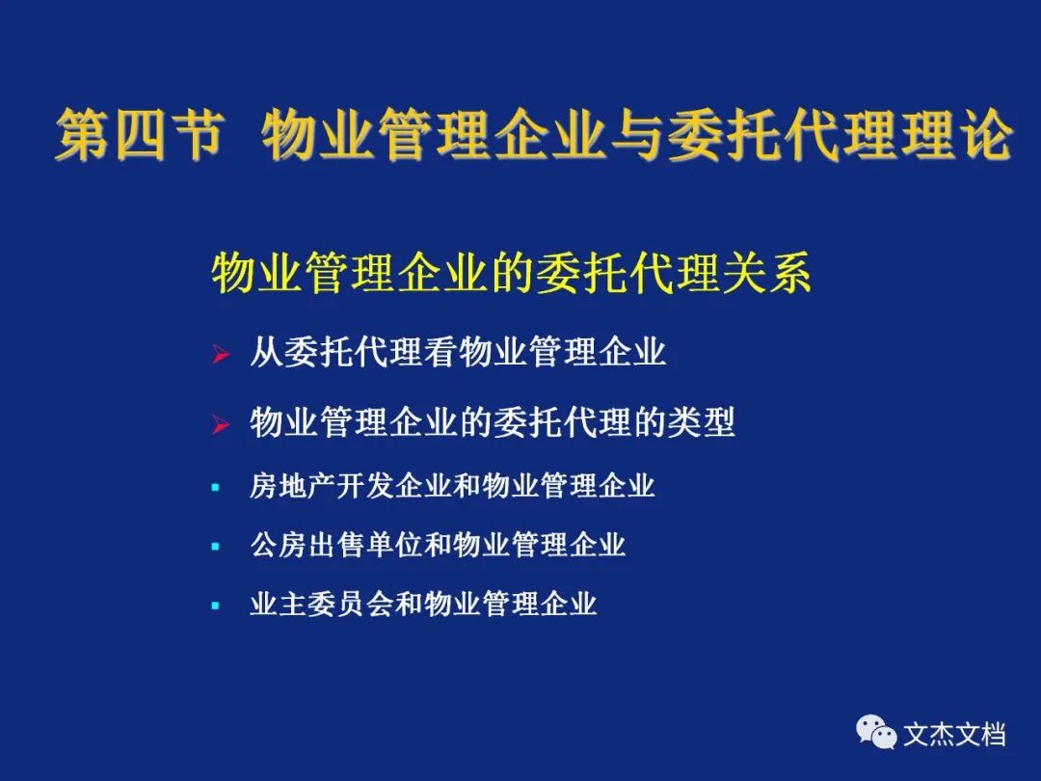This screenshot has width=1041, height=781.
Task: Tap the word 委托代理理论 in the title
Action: click(840, 134)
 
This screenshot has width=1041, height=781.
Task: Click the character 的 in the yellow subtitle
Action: click(513, 273)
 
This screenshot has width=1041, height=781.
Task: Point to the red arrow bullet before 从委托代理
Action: click(221, 355)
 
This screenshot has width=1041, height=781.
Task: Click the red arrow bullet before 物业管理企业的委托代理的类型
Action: click(221, 424)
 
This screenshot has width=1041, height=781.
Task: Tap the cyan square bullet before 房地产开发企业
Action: click(215, 488)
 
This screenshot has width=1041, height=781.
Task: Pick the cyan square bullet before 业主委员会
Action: click(215, 606)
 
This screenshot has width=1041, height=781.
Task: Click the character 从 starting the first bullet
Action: click(266, 351)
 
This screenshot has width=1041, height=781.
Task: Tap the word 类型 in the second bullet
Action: click(701, 421)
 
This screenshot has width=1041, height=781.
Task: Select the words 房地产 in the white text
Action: click(293, 485)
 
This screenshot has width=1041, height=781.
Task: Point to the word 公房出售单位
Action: click(336, 545)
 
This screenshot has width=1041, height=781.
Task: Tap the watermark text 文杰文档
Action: click(954, 735)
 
